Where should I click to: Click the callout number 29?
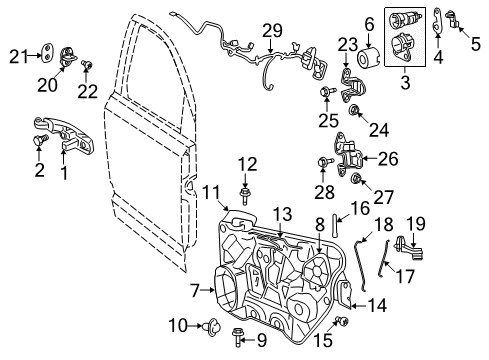[273, 32]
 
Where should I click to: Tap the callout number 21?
[18, 54]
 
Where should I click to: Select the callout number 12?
[246, 163]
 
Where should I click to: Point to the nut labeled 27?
[355, 179]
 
